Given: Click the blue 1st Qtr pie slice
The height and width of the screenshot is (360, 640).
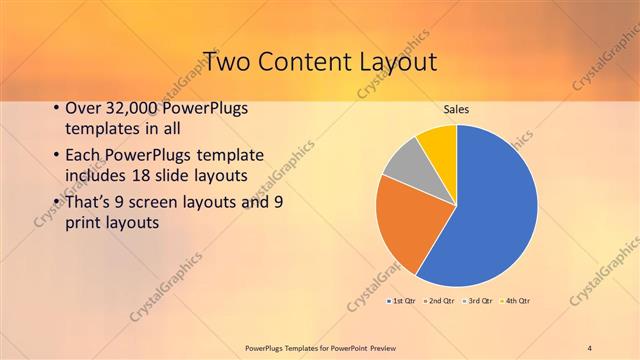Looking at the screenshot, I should tap(490, 210).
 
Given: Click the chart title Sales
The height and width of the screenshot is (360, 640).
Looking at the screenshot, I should tap(456, 109).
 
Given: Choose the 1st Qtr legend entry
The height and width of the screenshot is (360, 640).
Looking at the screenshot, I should tap(402, 300).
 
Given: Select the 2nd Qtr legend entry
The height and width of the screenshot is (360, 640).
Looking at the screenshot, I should tap(440, 300).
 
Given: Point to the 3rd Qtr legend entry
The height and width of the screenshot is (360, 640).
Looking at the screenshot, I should tap(478, 300).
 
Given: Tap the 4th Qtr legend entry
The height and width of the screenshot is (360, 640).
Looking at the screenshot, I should tap(515, 300).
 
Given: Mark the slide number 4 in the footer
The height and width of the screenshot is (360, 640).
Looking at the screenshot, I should tap(590, 347).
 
